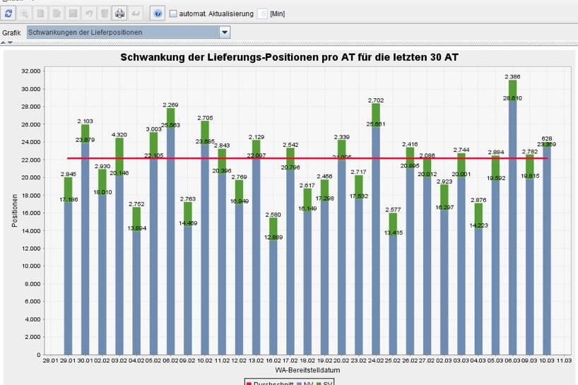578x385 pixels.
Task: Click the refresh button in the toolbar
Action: (8, 13)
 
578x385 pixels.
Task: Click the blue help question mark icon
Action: (158, 13)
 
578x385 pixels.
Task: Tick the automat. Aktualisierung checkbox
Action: (173, 13)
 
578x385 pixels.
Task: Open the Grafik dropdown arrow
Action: (225, 32)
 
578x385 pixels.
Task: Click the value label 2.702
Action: (374, 101)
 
